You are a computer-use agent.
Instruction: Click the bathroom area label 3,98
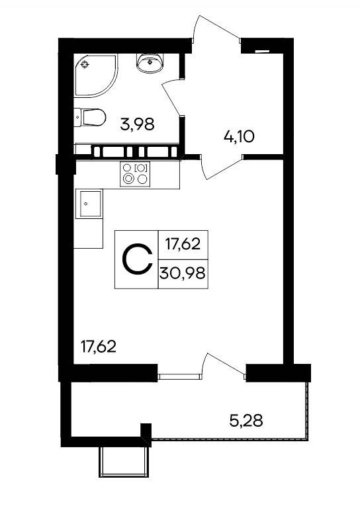click(x=137, y=125)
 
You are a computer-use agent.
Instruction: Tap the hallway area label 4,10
click(x=239, y=136)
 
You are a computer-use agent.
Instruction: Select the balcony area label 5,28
click(x=246, y=421)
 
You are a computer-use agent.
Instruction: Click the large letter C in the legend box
click(x=138, y=259)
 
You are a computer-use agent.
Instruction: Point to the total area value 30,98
click(x=183, y=273)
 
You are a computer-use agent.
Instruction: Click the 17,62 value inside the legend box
click(x=183, y=244)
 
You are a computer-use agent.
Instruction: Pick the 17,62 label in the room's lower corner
click(x=99, y=347)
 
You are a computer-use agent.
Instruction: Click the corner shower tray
click(x=95, y=75)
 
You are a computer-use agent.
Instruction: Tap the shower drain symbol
click(x=85, y=65)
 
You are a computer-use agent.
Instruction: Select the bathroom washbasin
click(x=150, y=62)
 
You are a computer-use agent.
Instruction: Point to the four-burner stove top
click(x=135, y=174)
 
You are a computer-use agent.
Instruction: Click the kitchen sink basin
click(x=89, y=204)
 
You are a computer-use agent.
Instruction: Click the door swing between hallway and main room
click(x=221, y=168)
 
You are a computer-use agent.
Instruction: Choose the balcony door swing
click(x=224, y=364)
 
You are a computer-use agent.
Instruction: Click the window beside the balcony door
click(x=180, y=376)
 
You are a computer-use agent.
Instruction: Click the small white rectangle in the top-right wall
click(x=262, y=51)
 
